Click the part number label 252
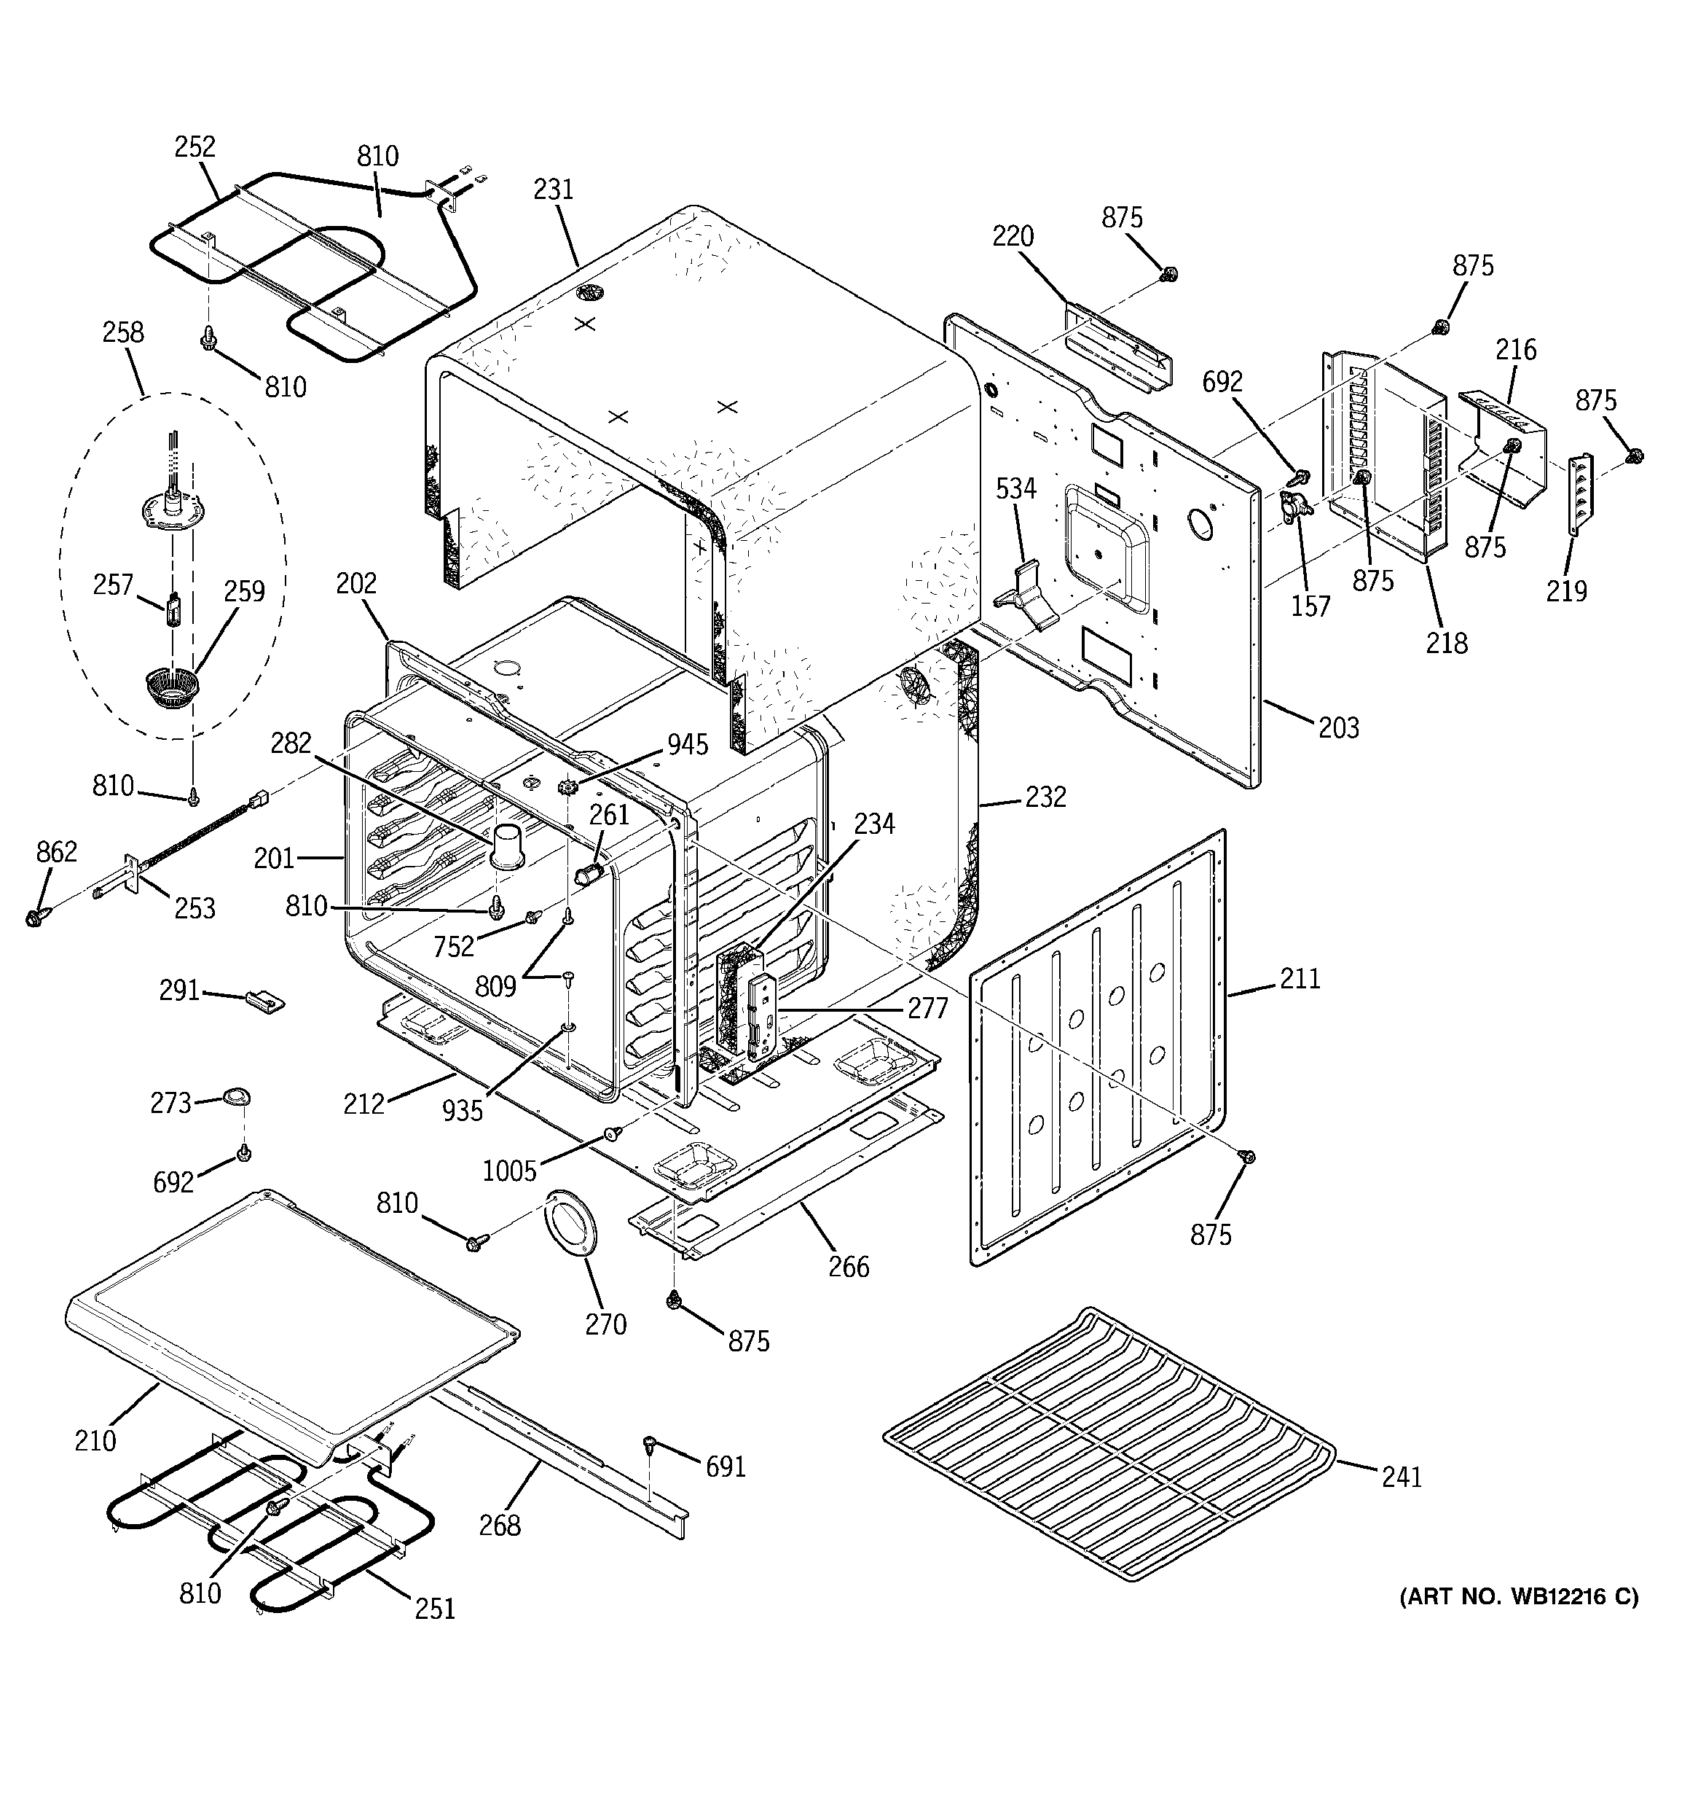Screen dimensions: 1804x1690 coord(195,147)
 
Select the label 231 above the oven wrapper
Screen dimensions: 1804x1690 coord(554,189)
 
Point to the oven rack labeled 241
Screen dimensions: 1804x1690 coord(1107,1443)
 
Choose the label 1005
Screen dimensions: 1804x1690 coord(509,1171)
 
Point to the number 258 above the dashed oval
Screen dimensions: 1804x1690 coord(122,332)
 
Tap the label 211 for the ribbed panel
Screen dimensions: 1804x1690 coord(1300,978)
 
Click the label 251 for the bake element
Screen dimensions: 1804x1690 coord(435,1609)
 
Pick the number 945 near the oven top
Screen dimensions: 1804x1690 coord(687,744)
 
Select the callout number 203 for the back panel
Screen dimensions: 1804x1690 coord(1338,727)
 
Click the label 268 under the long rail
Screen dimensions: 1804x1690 coord(500,1526)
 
